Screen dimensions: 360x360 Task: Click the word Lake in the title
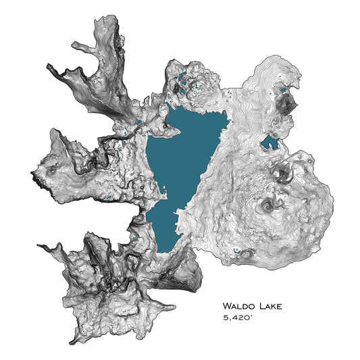pos(269,307)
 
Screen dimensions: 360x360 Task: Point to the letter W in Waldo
pos(227,307)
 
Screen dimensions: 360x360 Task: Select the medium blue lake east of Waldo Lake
pos(270,142)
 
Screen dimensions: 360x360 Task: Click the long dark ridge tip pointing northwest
pos(48,66)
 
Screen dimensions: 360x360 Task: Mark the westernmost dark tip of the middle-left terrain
pos(30,177)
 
